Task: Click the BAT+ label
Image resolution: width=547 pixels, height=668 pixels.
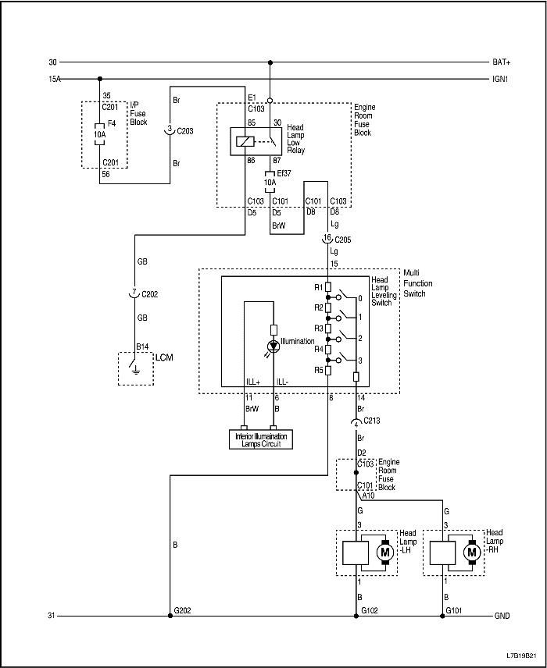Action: (501, 62)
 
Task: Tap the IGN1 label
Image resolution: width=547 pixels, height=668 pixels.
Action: (500, 78)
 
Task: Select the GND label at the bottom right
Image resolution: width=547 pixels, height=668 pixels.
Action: (502, 616)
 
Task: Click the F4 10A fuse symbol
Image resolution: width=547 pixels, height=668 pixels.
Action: (100, 133)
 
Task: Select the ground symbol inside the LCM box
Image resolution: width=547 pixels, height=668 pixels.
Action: (136, 369)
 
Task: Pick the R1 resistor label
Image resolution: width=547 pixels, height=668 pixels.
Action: (319, 287)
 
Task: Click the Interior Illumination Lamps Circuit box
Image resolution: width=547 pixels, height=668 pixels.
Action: (261, 439)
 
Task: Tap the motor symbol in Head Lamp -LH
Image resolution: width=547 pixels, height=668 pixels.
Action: (384, 553)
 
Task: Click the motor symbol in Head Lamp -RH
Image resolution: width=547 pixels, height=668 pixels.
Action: (471, 553)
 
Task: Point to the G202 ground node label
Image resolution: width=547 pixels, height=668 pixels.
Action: (183, 609)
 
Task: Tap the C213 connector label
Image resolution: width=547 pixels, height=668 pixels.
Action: (373, 421)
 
